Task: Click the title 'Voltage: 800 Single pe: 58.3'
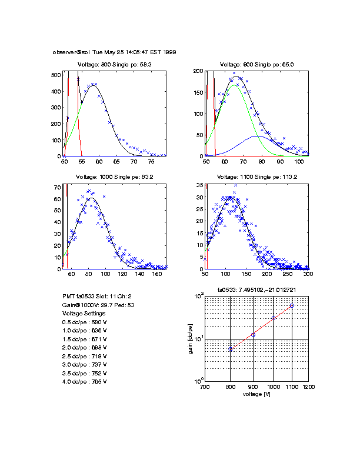115,65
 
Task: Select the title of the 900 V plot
256,65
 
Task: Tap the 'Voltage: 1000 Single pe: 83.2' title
115,177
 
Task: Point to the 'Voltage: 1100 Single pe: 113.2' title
256,177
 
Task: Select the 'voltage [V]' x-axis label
256,394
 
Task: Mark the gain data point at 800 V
231,349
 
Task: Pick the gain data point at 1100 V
292,306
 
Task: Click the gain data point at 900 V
253,335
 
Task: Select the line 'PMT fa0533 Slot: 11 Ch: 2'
97,297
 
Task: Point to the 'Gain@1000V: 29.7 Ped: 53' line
97,305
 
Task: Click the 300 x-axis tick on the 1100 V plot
308,274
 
